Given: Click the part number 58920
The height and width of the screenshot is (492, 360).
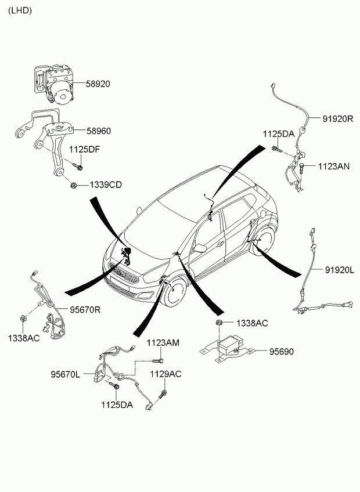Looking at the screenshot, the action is tap(98, 84).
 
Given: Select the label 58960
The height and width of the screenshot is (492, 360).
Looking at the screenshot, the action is tap(99, 131).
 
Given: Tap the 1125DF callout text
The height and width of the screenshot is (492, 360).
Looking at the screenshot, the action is tap(84, 149).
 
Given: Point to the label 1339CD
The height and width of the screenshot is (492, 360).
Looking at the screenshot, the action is tap(106, 185).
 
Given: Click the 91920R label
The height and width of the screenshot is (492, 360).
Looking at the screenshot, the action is tap(338, 118).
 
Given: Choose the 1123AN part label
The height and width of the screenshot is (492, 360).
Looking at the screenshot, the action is tap(334, 166).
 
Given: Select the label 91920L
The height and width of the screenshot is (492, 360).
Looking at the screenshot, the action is tap(339, 270).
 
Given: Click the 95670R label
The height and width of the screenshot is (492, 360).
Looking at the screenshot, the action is tap(85, 310).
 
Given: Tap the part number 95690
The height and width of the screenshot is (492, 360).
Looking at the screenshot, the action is tap(281, 352).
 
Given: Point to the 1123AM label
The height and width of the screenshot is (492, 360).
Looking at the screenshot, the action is tap(163, 343).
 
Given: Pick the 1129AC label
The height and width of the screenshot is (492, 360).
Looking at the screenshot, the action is tap(165, 374).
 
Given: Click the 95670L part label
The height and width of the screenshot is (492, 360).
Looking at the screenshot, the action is tap(66, 374).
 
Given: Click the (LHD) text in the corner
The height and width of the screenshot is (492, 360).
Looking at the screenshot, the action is tap(20, 10).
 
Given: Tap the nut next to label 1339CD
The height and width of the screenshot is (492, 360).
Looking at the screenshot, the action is tap(74, 185).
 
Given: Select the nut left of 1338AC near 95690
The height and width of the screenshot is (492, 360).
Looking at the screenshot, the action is tap(219, 322).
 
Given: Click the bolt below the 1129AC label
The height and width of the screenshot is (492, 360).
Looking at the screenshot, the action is tap(163, 394).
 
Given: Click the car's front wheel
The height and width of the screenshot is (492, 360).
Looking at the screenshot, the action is tap(175, 290).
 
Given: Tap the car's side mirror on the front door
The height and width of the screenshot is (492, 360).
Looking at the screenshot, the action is tap(200, 248).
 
